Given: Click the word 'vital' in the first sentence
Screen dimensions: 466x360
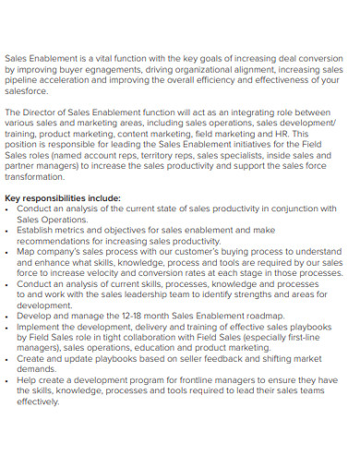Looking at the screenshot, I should point(103,57).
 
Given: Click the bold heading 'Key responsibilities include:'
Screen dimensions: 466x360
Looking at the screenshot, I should point(63,197).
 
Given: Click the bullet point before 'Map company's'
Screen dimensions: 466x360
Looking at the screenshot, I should point(8,251).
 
